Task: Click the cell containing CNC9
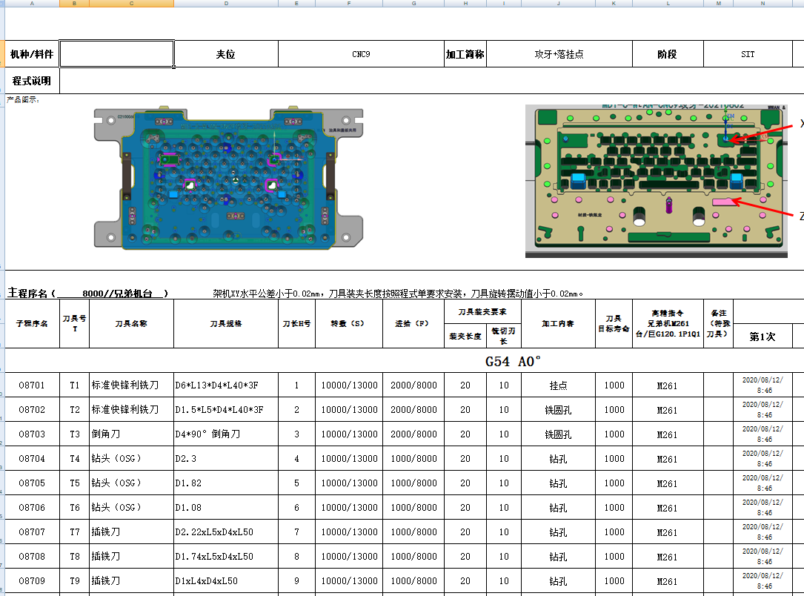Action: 361,54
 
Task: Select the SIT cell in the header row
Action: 748,54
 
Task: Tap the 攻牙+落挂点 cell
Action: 559,54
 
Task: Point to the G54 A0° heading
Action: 514,361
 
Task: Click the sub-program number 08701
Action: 32,385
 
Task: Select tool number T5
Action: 74,483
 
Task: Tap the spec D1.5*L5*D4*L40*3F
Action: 219,410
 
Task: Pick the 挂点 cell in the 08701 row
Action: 558,385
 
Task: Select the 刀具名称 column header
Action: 131,323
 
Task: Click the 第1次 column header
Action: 762,337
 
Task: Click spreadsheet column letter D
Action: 226,4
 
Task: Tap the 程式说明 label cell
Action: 32,81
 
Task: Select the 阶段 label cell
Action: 667,54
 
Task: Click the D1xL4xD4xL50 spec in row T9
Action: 207,581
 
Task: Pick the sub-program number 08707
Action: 32,532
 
